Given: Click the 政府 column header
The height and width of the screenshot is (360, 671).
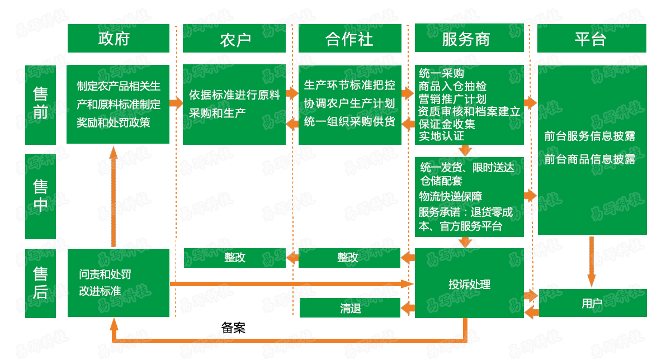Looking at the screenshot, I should point(118,39).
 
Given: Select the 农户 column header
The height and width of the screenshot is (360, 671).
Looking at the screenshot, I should point(235,39).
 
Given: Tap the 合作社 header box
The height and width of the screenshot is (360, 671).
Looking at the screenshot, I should point(349,39).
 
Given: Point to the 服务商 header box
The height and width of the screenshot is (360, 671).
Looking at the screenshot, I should point(469,39).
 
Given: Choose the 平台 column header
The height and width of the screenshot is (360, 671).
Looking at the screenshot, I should point(592,39).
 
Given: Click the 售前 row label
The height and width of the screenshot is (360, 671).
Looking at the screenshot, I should point(41,104).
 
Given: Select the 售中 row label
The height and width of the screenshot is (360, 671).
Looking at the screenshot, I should point(41,196).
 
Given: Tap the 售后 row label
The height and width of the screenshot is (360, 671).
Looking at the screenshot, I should point(41,283).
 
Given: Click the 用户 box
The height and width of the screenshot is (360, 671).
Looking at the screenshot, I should point(592,303).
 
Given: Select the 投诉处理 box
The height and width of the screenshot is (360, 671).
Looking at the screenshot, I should point(469,284).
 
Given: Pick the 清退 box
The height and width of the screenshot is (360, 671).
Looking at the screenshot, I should point(350,308).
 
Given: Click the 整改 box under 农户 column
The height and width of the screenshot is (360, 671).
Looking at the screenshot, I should point(235,258).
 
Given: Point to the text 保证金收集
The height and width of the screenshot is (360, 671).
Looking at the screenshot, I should point(447,124).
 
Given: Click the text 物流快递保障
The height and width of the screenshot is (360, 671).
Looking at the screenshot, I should point(451,196).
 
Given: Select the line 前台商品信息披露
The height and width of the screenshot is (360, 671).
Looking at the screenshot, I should point(590,159).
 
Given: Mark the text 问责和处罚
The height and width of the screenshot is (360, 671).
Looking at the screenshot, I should point(105,274).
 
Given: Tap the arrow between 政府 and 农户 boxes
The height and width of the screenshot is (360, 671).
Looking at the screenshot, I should point(176,103).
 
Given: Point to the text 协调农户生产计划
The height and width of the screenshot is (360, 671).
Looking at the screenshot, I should point(349,103).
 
